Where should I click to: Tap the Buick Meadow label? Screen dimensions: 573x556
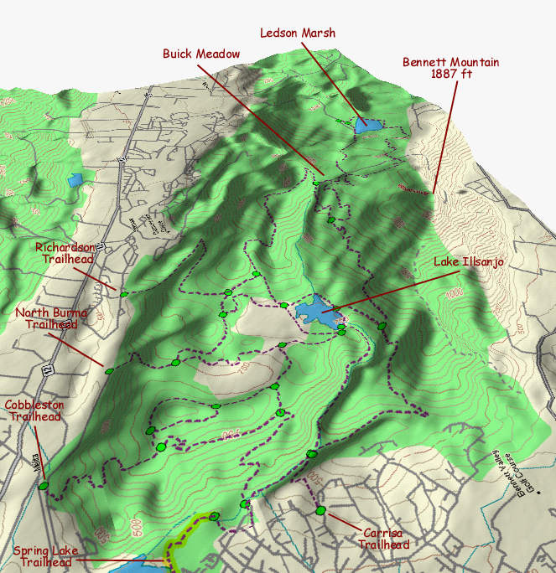pyautogui.click(x=201, y=54)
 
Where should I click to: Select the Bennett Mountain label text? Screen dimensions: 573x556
pyautogui.click(x=450, y=62)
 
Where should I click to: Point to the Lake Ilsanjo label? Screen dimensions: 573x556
pyautogui.click(x=469, y=262)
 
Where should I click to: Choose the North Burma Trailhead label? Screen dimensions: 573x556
pyautogui.click(x=47, y=319)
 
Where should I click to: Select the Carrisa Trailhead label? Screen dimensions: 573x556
pyautogui.click(x=386, y=539)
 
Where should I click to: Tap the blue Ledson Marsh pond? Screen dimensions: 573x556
pyautogui.click(x=366, y=126)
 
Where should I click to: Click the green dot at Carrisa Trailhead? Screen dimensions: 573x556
pyautogui.click(x=320, y=511)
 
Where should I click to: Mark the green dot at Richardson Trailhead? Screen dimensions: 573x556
pyautogui.click(x=123, y=294)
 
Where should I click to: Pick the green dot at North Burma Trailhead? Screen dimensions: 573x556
pyautogui.click(x=109, y=371)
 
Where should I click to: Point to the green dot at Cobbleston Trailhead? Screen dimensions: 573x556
pyautogui.click(x=43, y=485)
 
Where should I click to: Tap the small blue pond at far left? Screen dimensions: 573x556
pyautogui.click(x=75, y=178)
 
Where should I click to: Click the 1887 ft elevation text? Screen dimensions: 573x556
pyautogui.click(x=450, y=74)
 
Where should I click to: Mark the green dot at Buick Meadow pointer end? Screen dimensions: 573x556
pyautogui.click(x=318, y=183)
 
